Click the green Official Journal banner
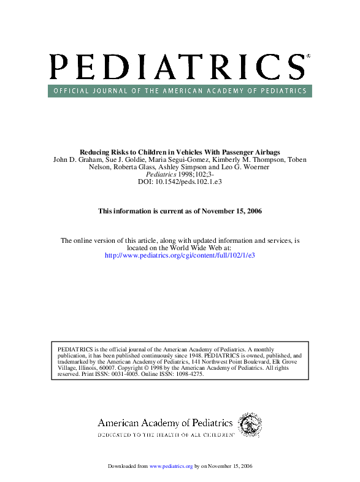point(180,91)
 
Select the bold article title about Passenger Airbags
point(180,151)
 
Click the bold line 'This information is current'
point(180,211)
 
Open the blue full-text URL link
point(180,254)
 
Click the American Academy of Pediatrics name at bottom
point(165,423)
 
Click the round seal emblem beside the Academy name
point(250,424)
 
